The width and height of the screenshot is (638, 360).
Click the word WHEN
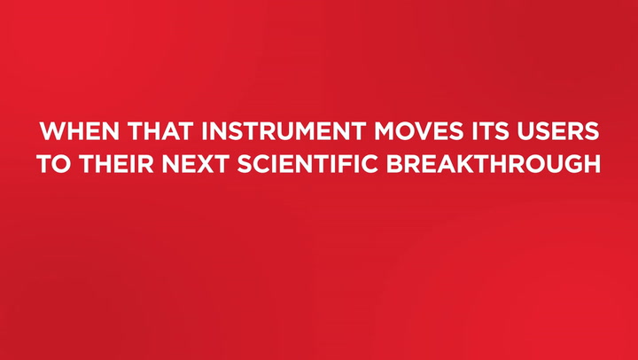click(74, 133)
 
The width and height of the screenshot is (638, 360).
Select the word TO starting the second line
click(53, 165)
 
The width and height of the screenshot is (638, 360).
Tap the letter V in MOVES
click(416, 133)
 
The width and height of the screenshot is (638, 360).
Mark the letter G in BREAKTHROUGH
click(566, 165)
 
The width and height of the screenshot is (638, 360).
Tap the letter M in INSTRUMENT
click(306, 133)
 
